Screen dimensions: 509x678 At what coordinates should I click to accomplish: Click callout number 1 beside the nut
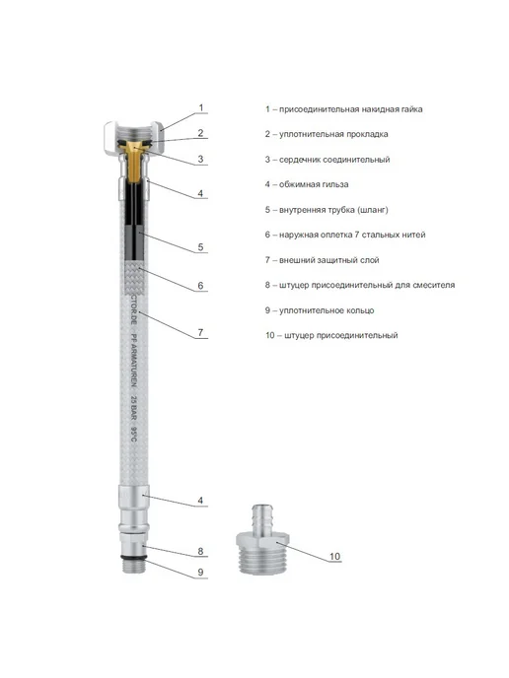point(201,107)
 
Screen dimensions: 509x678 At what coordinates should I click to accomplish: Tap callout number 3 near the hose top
point(200,159)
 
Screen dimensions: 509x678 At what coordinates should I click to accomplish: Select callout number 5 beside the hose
point(200,247)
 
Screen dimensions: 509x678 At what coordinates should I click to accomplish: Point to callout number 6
point(200,286)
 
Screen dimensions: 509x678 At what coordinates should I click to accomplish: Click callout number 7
point(200,332)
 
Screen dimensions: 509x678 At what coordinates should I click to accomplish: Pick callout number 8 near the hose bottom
point(200,551)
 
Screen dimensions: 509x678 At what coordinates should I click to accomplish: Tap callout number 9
point(200,572)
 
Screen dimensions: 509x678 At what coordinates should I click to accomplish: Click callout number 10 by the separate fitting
point(335,557)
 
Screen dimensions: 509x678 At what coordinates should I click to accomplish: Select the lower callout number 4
point(200,501)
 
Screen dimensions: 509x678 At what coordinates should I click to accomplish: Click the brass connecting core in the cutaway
point(134,159)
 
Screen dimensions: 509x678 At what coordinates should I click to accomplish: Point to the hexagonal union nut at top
point(134,136)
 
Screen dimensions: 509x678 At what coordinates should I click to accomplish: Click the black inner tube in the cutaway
point(134,221)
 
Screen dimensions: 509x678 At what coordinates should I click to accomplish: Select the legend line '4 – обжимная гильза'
point(307,184)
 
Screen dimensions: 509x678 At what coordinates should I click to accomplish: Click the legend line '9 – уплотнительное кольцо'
point(320,310)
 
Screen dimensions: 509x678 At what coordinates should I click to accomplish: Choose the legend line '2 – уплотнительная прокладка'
point(327,134)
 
